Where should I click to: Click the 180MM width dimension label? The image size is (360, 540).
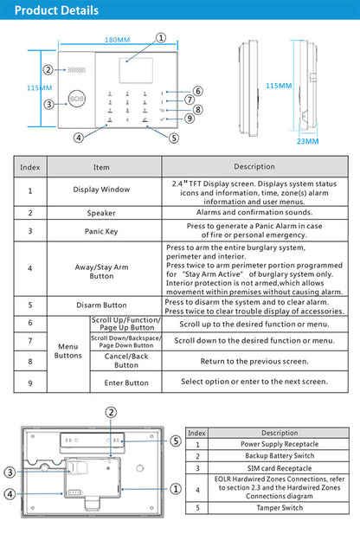[118, 41]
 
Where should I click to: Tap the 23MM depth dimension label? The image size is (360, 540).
[307, 141]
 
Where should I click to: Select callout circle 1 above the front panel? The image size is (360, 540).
[161, 37]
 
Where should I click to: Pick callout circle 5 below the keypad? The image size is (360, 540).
[174, 137]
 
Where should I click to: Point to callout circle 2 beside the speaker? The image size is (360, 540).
[49, 70]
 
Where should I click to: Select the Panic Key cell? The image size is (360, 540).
[101, 231]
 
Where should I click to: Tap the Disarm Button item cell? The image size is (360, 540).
[101, 305]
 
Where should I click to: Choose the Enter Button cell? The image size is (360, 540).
[126, 382]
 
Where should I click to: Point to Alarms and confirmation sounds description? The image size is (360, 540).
[254, 212]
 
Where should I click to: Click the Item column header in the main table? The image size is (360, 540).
[101, 166]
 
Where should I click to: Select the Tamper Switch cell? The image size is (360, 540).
[280, 508]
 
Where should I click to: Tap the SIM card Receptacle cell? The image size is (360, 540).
[280, 467]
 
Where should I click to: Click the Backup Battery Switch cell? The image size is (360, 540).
[280, 455]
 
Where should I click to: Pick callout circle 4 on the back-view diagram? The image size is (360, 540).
[10, 494]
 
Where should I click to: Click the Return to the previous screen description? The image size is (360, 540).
[254, 362]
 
